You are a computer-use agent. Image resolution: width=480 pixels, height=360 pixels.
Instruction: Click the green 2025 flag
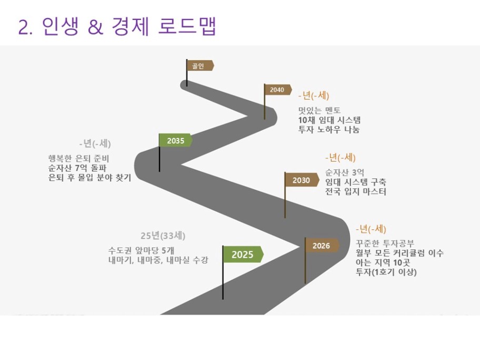pyautogui.click(x=243, y=254)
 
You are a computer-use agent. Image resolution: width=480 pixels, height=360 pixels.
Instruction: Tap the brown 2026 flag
pyautogui.click(x=322, y=245)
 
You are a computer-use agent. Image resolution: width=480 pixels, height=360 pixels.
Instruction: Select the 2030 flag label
pyautogui.click(x=302, y=180)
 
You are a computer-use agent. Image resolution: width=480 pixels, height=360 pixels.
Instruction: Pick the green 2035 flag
pyautogui.click(x=175, y=141)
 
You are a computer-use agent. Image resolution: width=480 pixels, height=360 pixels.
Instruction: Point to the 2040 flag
pyautogui.click(x=277, y=89)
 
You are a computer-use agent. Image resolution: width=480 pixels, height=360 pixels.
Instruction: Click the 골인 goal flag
pyautogui.click(x=199, y=65)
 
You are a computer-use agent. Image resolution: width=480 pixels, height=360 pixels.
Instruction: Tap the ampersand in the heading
pyautogui.click(x=95, y=27)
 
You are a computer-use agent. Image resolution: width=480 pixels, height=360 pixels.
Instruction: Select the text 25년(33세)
pyautogui.click(x=163, y=236)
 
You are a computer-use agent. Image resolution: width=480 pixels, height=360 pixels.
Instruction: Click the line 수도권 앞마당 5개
pyautogui.click(x=141, y=251)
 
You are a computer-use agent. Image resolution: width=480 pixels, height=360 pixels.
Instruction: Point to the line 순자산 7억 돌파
pyautogui.click(x=77, y=168)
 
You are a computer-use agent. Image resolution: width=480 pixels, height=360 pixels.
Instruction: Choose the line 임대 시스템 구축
pyautogui.click(x=355, y=182)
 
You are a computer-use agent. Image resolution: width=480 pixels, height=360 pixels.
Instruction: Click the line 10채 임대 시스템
pyautogui.click(x=329, y=120)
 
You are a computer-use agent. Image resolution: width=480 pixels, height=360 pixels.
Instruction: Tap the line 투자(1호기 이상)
pyautogui.click(x=386, y=272)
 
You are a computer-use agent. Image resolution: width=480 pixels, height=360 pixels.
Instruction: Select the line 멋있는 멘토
pyautogui.click(x=319, y=110)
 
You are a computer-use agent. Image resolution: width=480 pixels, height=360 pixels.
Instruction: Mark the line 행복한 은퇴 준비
pyautogui.click(x=78, y=158)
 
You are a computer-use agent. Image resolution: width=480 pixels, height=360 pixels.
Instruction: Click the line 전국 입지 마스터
pyautogui.click(x=355, y=192)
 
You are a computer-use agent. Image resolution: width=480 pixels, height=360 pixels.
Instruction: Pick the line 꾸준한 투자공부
pyautogui.click(x=385, y=243)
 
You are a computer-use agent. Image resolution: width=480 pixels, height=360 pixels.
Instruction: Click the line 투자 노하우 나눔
pyautogui.click(x=329, y=129)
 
